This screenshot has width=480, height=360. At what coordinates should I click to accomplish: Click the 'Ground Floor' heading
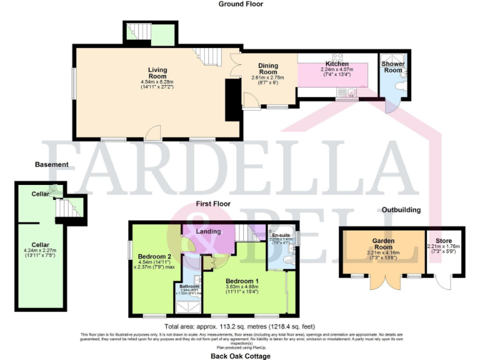pos(241,4)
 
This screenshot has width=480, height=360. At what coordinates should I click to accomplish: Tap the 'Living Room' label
pos(157,72)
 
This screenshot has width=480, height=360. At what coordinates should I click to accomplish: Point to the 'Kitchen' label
pos(337,64)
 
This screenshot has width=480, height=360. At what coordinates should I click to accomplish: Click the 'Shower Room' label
pos(393,67)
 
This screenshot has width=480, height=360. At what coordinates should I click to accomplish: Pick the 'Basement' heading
pos(52,164)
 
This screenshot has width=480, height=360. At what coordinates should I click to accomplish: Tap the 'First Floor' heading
pos(213,204)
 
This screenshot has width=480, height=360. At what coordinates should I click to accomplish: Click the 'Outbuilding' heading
pos(401,210)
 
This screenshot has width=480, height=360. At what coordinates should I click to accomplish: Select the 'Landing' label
pos(209,231)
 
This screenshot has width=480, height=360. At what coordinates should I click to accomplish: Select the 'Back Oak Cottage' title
pos(240,356)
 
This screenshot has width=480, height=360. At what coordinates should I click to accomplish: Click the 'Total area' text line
pos(240,327)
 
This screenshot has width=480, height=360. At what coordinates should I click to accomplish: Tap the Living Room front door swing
pos(151,132)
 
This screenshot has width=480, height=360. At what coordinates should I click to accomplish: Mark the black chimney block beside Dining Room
pos(232,100)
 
